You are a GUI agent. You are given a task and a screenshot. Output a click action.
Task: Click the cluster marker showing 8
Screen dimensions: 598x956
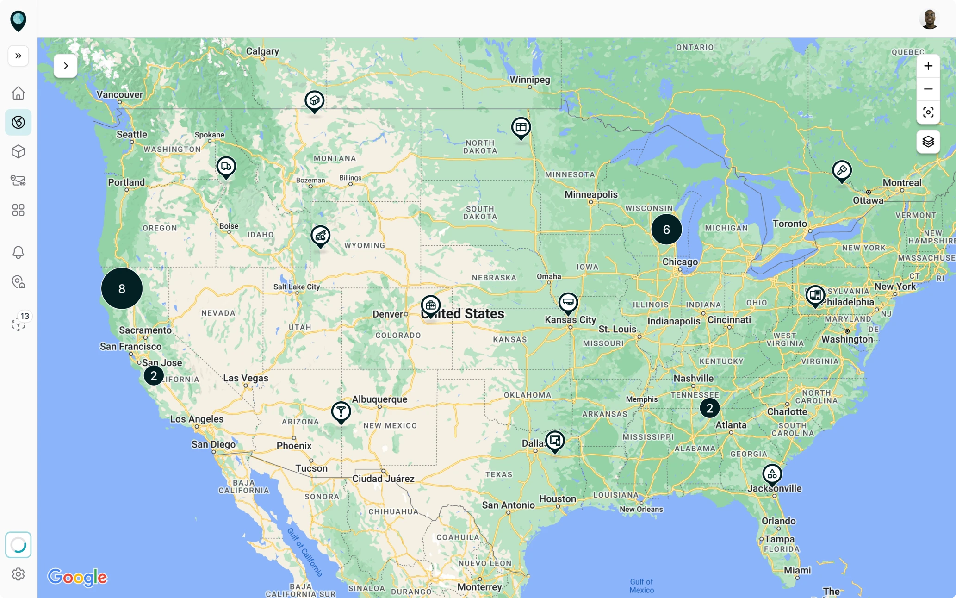(122, 288)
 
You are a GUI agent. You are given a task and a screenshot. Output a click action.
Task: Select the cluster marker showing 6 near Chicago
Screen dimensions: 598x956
(666, 229)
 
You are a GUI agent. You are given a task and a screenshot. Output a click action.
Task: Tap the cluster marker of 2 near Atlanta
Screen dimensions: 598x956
(709, 408)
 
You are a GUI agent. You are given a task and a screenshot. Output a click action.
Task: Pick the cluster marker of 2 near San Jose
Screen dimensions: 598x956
(154, 375)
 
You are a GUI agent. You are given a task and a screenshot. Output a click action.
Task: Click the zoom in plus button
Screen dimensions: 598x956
(928, 66)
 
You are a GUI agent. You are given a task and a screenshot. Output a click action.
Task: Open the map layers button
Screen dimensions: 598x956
(928, 141)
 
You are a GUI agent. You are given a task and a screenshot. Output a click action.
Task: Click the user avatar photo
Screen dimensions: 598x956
(929, 19)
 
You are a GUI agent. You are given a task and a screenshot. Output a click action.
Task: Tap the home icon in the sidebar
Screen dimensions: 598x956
(18, 93)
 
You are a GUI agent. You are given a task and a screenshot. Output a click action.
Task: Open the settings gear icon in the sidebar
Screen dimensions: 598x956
(18, 574)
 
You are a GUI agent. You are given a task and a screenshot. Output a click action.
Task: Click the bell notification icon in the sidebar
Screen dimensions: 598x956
(18, 252)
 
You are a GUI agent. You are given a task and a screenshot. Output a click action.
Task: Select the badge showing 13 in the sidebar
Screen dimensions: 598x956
(25, 316)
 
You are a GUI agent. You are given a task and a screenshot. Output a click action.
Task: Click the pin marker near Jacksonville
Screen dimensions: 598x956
(772, 474)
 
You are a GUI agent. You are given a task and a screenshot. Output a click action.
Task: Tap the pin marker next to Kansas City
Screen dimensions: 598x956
(568, 303)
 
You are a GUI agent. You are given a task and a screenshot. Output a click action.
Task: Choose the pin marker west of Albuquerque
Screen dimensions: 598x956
(341, 411)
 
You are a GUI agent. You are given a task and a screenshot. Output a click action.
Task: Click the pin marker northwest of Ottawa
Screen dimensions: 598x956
(842, 171)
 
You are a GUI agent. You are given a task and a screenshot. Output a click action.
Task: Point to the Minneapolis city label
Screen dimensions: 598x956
(591, 194)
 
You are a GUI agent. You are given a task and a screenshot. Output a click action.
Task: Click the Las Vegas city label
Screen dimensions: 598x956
(245, 378)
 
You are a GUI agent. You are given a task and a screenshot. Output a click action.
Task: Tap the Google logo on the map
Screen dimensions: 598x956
(77, 577)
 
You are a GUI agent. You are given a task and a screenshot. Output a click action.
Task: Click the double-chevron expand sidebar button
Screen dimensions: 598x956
(18, 56)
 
